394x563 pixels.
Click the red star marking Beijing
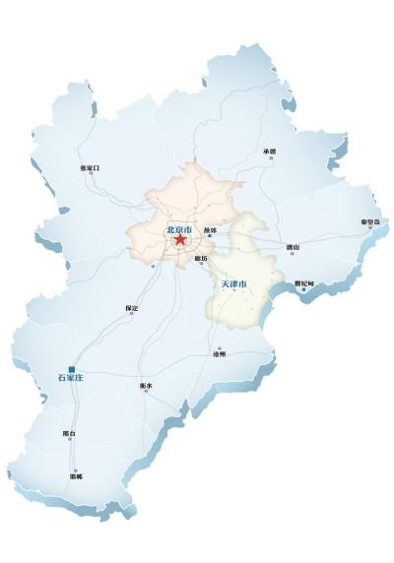pyautogui.click(x=179, y=239)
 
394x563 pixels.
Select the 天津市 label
pyautogui.click(x=232, y=284)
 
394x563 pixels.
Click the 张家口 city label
pyautogui.click(x=90, y=167)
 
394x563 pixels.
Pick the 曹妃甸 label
pyautogui.click(x=304, y=284)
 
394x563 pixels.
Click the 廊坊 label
pyautogui.click(x=202, y=257)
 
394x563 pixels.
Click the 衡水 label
pyautogui.click(x=147, y=385)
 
